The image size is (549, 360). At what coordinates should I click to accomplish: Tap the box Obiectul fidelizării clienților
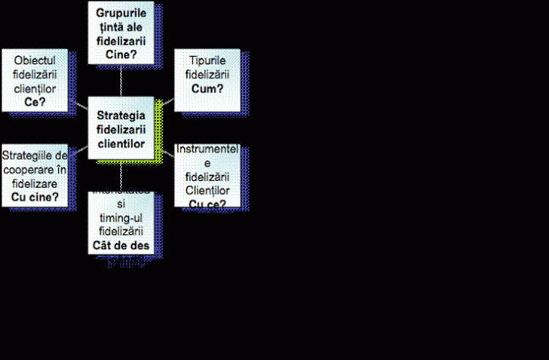[x=35, y=81]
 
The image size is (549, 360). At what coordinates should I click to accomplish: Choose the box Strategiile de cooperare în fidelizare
[x=35, y=175]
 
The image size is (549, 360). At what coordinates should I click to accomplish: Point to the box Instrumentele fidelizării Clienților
[x=207, y=177]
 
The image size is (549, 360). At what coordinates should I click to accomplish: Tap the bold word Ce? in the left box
[x=35, y=102]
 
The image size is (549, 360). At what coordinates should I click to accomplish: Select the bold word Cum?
[x=207, y=89]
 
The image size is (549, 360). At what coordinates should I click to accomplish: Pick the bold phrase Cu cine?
[x=35, y=198]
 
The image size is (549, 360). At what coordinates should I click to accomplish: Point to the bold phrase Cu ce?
[x=207, y=203]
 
